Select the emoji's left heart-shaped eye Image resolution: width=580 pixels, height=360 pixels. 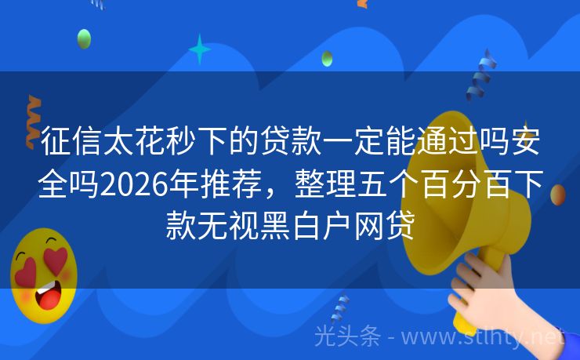(x=27, y=271)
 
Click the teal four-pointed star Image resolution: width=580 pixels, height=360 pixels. (x=200, y=49)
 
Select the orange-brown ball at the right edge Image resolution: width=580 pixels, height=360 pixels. (x=558, y=194)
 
